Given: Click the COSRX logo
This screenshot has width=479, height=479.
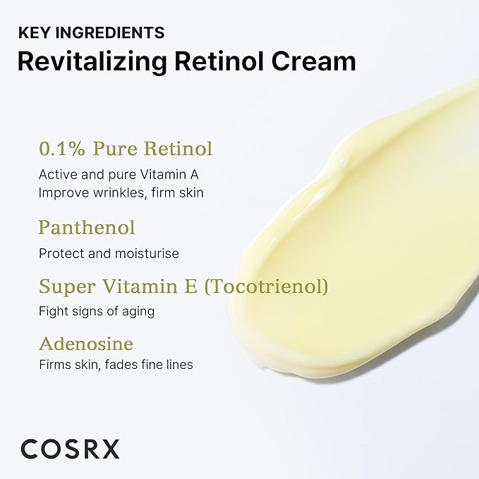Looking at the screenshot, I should [70, 448].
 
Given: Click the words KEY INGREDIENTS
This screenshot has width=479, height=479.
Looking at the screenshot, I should [91, 32].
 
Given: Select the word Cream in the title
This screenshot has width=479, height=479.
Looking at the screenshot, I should [315, 61].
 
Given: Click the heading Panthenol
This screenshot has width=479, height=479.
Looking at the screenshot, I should [87, 227].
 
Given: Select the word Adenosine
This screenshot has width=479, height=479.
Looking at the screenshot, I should [86, 344].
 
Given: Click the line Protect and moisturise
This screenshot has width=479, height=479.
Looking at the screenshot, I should [109, 253].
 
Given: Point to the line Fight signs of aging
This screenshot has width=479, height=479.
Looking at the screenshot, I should [97, 310].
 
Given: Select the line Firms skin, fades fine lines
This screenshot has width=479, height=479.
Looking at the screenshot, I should [116, 365].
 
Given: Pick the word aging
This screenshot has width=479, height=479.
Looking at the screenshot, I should [140, 311].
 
